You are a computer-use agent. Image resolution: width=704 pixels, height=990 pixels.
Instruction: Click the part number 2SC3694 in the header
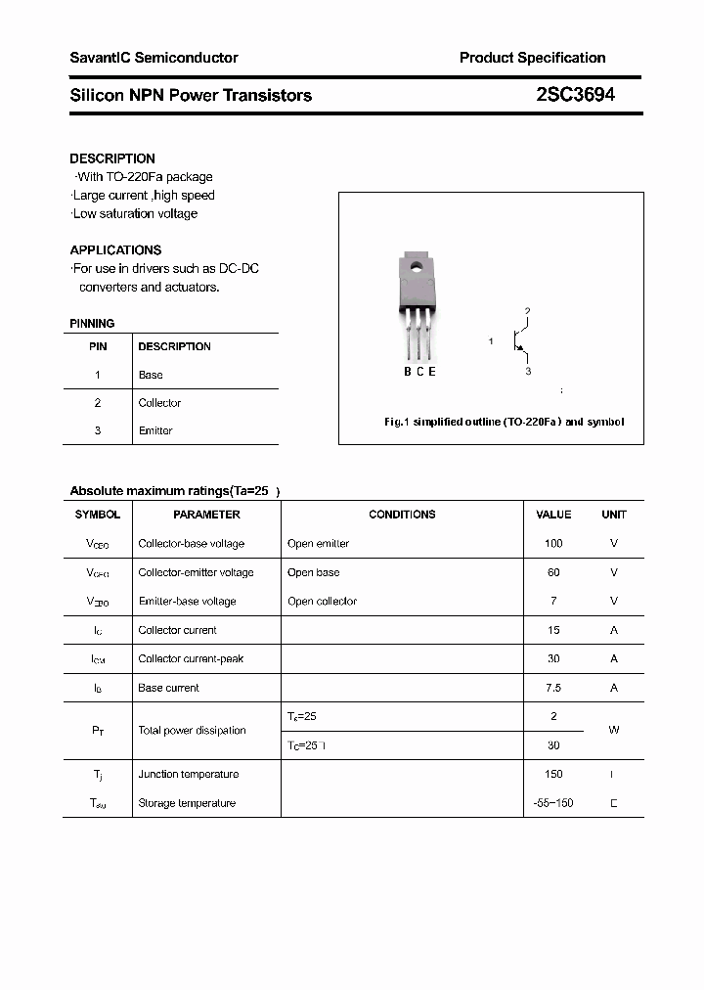(575, 95)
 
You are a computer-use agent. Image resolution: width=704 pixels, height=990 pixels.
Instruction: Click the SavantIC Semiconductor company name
(154, 58)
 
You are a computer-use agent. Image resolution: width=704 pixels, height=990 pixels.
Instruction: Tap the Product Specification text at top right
(532, 58)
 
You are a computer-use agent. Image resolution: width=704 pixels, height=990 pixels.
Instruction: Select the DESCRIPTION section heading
(112, 158)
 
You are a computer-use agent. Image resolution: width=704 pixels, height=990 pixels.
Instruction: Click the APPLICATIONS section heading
(115, 249)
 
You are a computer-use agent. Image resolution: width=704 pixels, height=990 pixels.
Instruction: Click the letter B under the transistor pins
(408, 371)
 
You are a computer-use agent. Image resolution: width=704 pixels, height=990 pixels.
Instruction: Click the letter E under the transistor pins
(432, 371)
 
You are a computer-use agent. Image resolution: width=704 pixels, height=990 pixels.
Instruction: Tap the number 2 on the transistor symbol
(527, 312)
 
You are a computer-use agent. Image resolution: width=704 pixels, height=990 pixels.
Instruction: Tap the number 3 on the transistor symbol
(528, 372)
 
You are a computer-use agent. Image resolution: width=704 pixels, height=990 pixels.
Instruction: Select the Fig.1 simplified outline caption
(504, 422)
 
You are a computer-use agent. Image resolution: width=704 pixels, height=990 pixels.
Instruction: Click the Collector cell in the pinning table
(159, 403)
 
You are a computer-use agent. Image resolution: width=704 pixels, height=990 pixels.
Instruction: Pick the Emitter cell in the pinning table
(155, 430)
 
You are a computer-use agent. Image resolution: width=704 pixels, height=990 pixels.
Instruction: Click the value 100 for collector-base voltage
(553, 543)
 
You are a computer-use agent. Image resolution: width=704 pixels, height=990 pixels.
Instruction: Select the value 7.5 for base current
(553, 688)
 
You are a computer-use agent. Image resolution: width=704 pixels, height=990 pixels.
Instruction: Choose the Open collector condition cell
(322, 601)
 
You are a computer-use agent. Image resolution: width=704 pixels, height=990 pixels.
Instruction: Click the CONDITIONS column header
(402, 515)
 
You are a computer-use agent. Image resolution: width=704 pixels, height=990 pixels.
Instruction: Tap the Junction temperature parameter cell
(188, 774)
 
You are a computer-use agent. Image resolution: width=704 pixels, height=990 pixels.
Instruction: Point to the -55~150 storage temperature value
(553, 803)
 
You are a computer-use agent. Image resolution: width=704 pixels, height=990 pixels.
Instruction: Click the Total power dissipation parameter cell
(192, 731)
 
